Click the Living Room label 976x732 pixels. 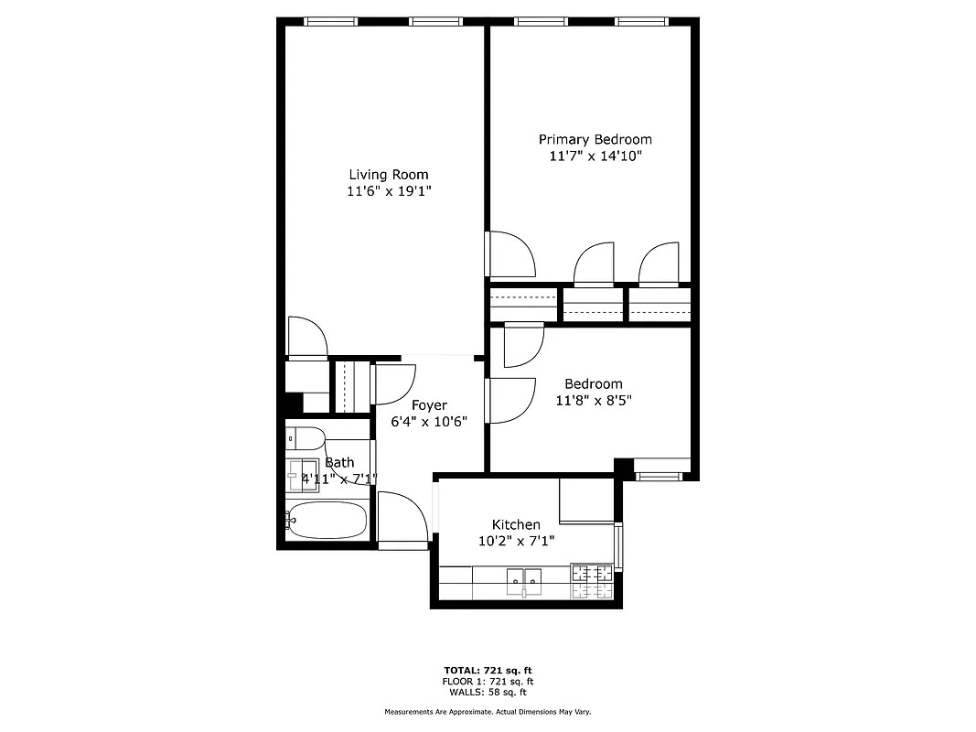point(388,175)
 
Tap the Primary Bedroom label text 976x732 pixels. point(595,139)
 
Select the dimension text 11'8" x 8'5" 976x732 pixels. point(594,400)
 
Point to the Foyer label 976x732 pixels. point(429,405)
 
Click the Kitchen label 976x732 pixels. point(516,524)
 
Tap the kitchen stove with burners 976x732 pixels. point(592,582)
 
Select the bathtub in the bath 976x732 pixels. point(327,520)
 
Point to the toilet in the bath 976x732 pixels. point(304,438)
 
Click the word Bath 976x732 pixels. point(339,462)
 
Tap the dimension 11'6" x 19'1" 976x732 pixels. point(388,192)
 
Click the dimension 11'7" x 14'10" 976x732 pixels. point(595,156)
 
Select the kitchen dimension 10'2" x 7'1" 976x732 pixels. point(516,541)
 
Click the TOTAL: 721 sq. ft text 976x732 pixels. point(488,670)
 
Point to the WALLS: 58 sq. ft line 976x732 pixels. point(488,693)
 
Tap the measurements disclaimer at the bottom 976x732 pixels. point(488,711)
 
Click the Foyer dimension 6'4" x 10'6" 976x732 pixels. point(429,422)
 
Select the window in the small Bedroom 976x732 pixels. point(659,475)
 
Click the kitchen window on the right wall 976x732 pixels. point(619,545)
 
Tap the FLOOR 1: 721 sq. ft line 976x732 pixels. point(488,682)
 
